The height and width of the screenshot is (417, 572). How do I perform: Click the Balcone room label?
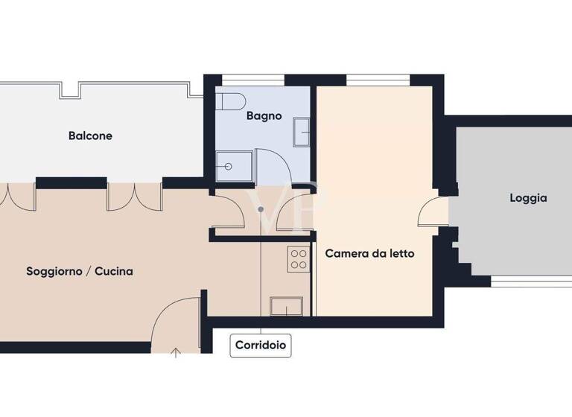(90, 136)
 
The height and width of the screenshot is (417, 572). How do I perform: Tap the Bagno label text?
(264, 116)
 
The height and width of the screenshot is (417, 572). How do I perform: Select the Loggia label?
(528, 198)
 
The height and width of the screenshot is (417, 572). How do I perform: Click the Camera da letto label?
(369, 253)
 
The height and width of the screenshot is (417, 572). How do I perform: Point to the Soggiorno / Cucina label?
(80, 272)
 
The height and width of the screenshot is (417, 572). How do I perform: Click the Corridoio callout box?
(261, 346)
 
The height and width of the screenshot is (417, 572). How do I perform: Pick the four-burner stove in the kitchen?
(299, 258)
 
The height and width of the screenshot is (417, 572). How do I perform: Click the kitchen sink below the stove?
(286, 305)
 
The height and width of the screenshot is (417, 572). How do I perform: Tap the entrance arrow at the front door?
(176, 352)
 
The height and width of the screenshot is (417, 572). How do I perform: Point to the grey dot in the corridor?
(260, 209)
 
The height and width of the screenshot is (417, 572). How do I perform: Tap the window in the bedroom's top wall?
(378, 79)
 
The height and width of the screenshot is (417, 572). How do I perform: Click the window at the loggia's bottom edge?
(531, 281)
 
